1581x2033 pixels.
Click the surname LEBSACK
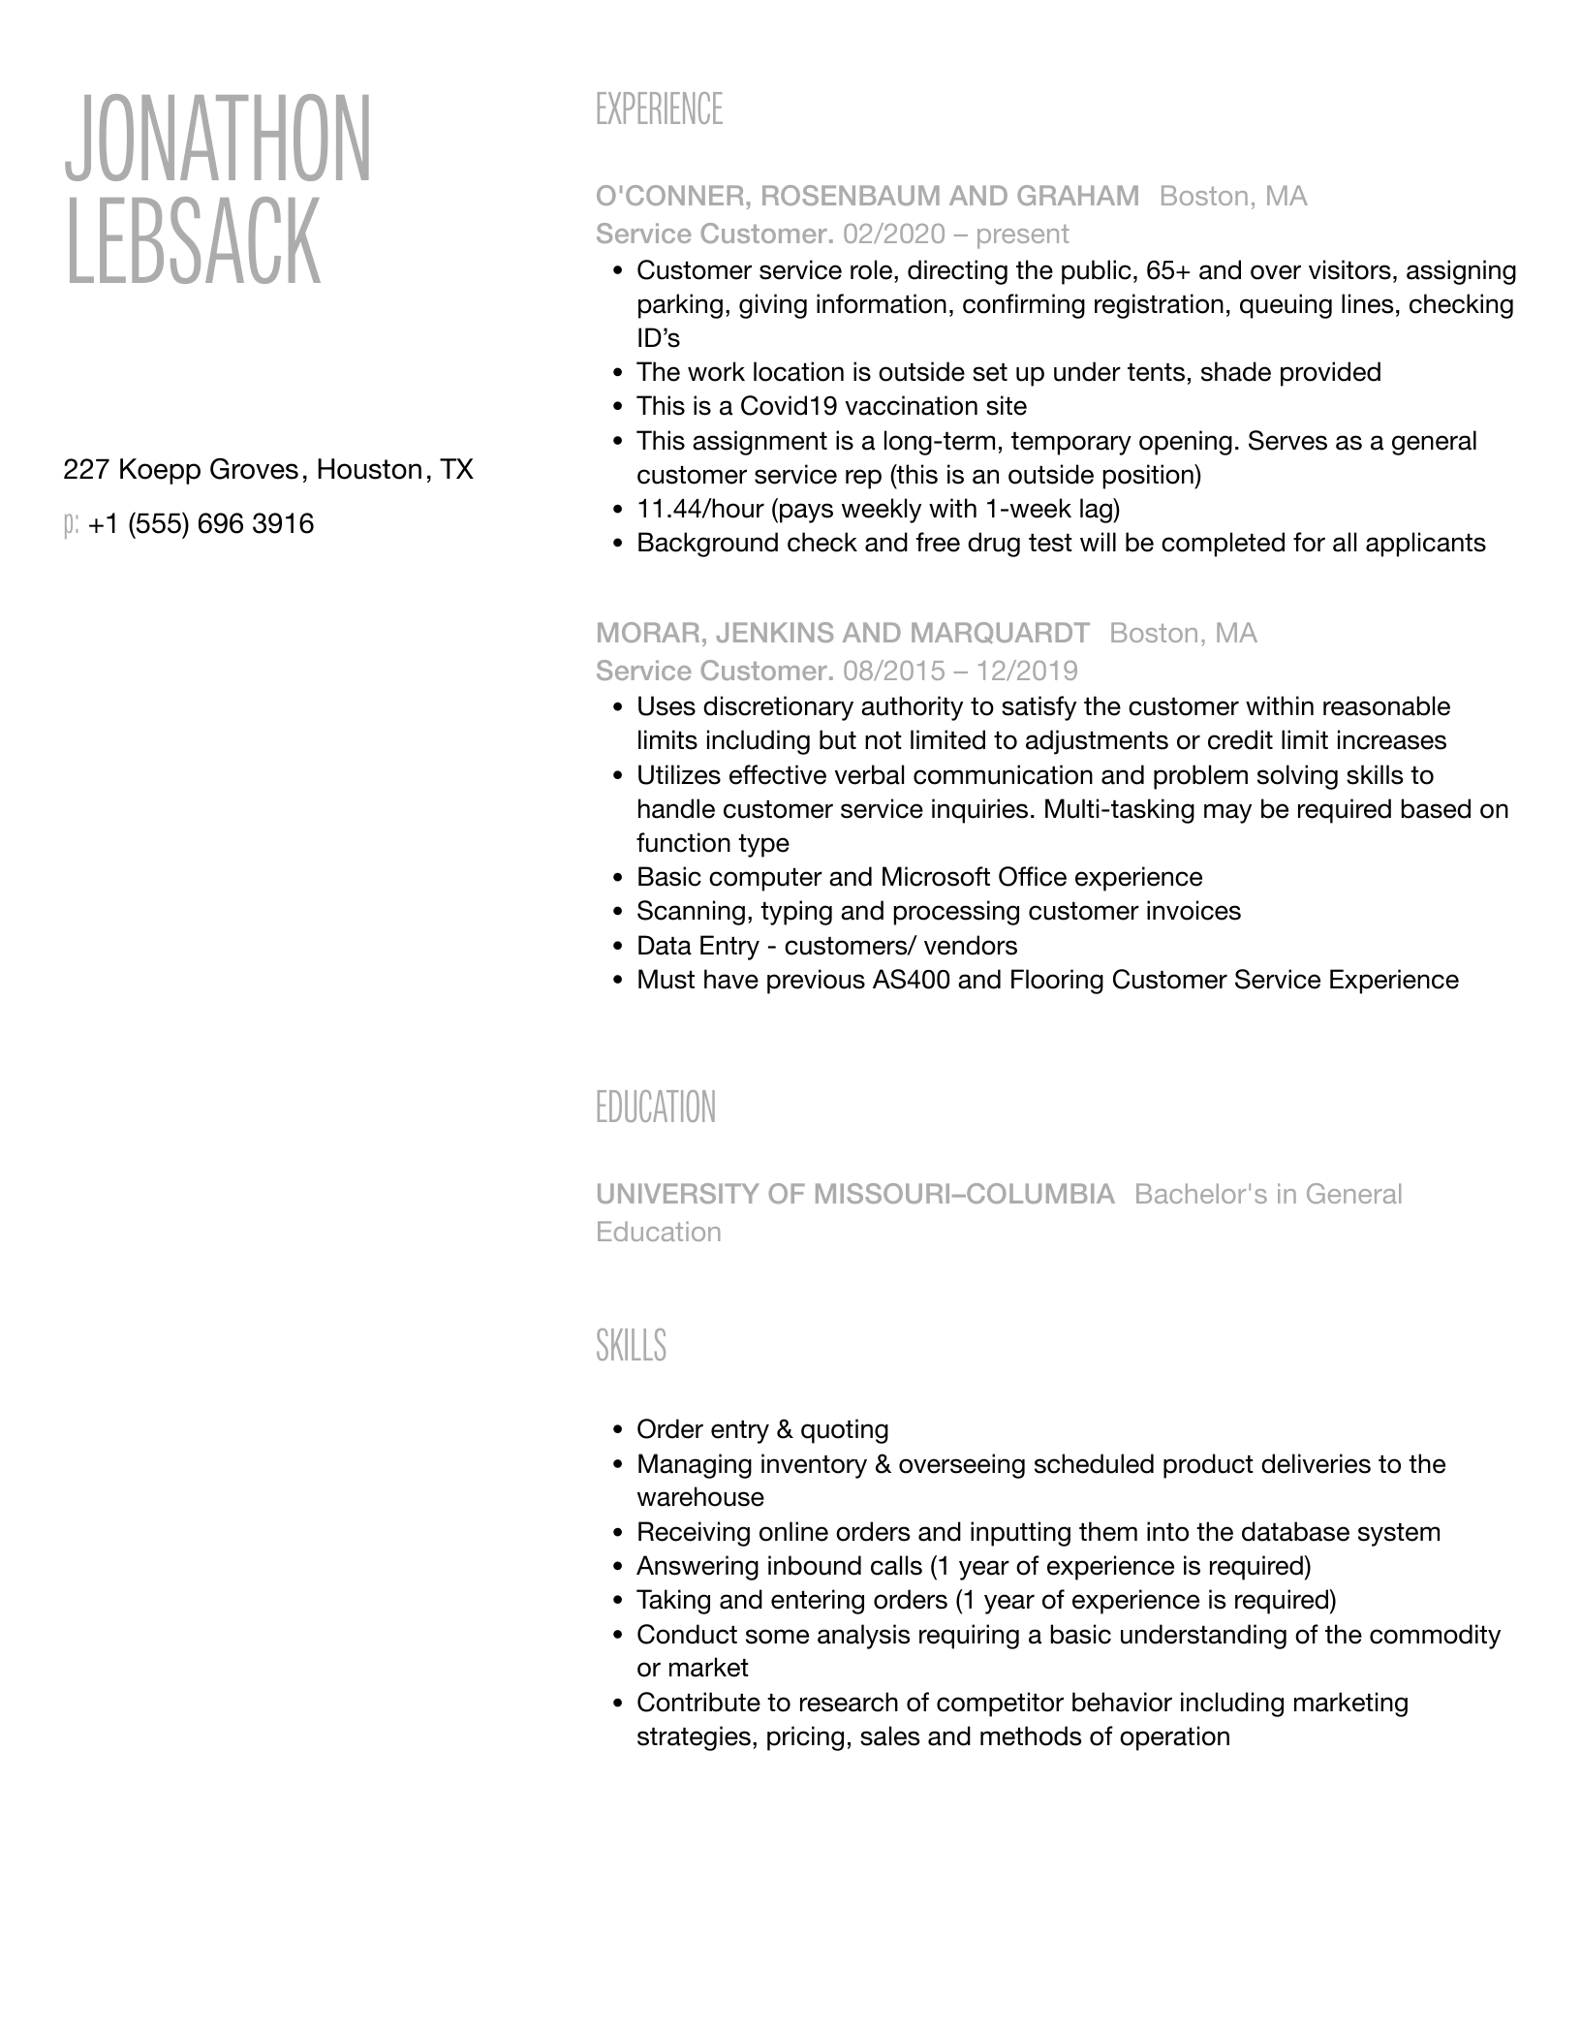192,241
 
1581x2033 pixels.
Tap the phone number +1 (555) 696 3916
201,524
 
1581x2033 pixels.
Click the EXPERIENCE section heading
659,109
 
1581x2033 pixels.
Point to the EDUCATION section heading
656,1108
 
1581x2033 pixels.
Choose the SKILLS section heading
631,1346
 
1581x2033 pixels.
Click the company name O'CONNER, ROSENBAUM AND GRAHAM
867,197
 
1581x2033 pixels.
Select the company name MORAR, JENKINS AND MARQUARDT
842,634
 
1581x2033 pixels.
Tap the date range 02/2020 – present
955,235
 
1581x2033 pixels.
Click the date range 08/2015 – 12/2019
960,672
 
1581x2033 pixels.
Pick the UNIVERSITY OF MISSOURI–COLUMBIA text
855,1195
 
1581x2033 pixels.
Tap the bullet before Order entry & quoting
617,1430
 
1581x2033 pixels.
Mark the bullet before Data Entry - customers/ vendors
617,947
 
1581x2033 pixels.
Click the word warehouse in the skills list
700,1498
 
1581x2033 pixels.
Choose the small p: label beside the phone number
71,525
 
